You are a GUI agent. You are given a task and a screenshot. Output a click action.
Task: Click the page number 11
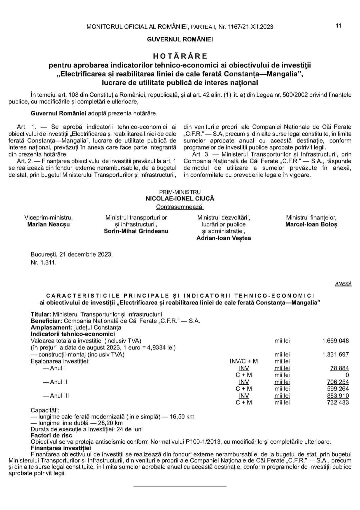pyautogui.click(x=338, y=26)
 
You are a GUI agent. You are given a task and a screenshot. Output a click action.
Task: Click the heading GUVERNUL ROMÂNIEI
pyautogui.click(x=180, y=39)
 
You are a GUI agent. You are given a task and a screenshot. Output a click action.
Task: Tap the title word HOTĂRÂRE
pyautogui.click(x=180, y=56)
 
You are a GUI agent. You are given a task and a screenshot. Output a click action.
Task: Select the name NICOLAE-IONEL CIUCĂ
pyautogui.click(x=180, y=198)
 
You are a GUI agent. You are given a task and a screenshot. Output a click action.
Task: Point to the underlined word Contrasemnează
pyautogui.click(x=180, y=207)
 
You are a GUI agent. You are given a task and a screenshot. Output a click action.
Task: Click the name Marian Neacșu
pyautogui.click(x=49, y=224)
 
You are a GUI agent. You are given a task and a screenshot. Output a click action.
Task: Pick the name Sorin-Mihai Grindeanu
pyautogui.click(x=136, y=231)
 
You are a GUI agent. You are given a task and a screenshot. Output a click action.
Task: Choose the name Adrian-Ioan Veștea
pyautogui.click(x=224, y=238)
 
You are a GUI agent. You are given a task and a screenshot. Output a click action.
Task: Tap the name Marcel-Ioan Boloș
pyautogui.click(x=311, y=224)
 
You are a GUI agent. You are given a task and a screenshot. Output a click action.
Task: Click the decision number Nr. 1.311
pyautogui.click(x=44, y=262)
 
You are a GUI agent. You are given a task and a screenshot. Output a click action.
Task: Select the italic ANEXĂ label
pyautogui.click(x=343, y=284)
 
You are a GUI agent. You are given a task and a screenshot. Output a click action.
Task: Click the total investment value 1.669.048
pyautogui.click(x=335, y=341)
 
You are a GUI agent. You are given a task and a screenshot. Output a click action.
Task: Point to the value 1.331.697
pyautogui.click(x=335, y=354)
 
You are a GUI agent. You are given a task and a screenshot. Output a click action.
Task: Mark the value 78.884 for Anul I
pyautogui.click(x=339, y=368)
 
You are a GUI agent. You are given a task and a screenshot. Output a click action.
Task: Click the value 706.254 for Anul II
pyautogui.click(x=338, y=382)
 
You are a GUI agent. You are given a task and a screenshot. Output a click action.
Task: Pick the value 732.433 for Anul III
pyautogui.click(x=338, y=402)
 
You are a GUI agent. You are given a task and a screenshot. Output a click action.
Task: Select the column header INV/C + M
pyautogui.click(x=244, y=361)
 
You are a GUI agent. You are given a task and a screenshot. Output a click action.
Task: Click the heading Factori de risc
pyautogui.click(x=51, y=435)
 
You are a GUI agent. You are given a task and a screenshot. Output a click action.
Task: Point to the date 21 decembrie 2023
pyautogui.click(x=86, y=254)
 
